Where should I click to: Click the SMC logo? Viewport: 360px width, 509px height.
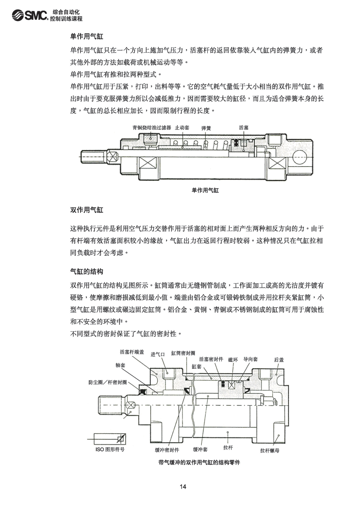point(30,15)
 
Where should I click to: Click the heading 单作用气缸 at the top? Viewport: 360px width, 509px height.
point(86,36)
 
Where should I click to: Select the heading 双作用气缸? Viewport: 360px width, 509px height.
point(86,210)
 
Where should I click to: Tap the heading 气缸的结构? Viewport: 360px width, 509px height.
point(86,272)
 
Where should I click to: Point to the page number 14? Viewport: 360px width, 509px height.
point(183,487)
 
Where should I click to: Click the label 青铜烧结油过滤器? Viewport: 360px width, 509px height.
point(152,128)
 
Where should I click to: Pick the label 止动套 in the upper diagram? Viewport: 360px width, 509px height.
point(182,128)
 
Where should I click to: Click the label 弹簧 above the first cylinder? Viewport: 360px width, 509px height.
point(206,128)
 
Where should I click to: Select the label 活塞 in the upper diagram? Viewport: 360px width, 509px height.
point(244,128)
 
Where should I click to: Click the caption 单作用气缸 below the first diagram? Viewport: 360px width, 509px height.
point(205,190)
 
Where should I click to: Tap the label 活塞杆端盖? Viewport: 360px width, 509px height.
point(132,352)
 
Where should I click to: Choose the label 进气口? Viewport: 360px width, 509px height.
point(158,354)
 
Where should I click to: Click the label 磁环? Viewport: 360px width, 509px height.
point(233,360)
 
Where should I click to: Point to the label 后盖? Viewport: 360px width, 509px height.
point(279,360)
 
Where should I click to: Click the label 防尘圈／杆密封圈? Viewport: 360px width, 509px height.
point(107,382)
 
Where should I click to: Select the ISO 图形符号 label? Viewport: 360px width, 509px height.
point(110,449)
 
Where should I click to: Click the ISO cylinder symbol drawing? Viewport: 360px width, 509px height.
point(110,439)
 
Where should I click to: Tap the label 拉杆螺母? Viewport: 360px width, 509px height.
point(270,450)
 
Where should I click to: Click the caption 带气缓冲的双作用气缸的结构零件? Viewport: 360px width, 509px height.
point(199,462)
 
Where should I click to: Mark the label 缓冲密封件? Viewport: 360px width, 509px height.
point(167,450)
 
